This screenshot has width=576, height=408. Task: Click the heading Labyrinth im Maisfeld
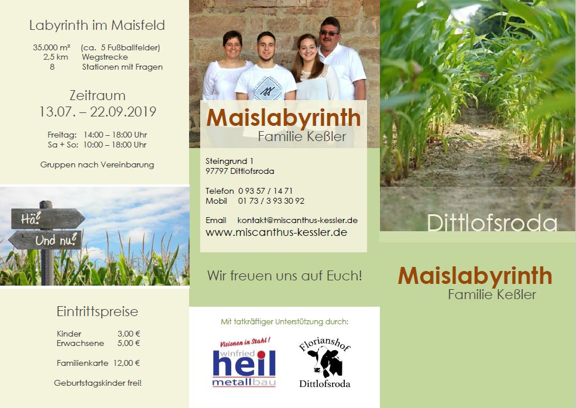[97, 26]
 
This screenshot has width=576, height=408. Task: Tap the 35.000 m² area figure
[52, 47]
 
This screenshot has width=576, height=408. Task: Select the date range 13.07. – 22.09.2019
[97, 112]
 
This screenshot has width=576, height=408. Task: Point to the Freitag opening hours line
[97, 135]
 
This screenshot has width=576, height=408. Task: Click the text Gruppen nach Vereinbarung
[97, 164]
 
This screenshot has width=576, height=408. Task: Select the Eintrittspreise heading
[97, 311]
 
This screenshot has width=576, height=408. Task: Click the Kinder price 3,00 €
[129, 334]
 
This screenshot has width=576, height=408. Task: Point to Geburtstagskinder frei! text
[98, 383]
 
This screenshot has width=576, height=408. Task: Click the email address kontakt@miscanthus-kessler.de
[297, 220]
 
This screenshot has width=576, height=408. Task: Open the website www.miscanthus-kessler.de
[276, 232]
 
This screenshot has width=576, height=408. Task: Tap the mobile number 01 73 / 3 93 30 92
[271, 201]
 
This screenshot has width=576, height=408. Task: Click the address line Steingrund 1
[229, 160]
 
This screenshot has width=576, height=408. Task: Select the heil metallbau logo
[244, 363]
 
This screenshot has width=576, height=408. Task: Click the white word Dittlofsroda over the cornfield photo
[492, 223]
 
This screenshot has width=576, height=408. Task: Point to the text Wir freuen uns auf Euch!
[284, 275]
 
